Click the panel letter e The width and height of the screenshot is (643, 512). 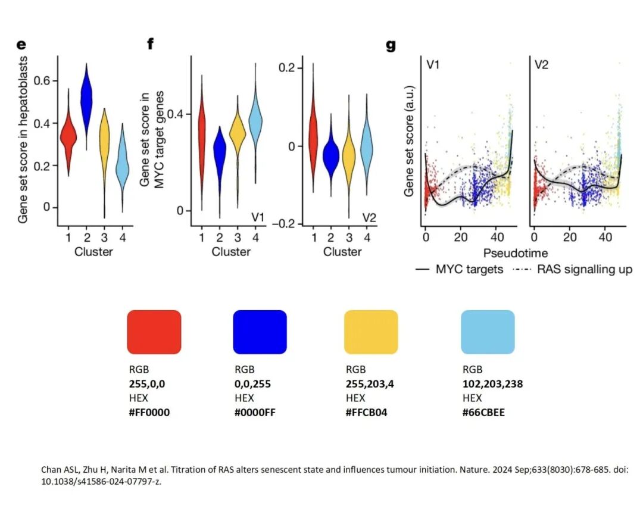[x=21, y=44]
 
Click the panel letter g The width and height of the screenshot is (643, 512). [x=391, y=45]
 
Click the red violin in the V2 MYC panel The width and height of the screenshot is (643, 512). [x=313, y=134]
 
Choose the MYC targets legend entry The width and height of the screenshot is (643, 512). [x=460, y=269]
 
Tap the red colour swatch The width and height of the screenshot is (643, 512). [x=154, y=332]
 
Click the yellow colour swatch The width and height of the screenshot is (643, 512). [x=371, y=332]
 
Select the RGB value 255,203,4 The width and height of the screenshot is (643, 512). [x=370, y=384]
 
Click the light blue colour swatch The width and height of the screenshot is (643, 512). [x=488, y=332]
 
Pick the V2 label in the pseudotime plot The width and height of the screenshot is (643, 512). [x=542, y=64]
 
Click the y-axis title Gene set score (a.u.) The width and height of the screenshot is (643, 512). [x=409, y=141]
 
